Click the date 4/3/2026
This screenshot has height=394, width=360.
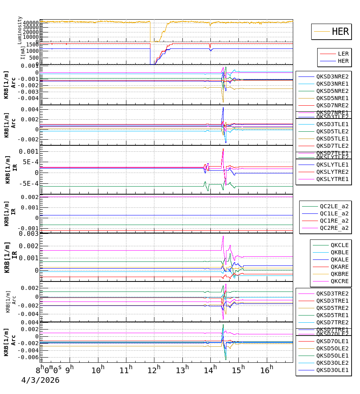pyautogui.click(x=40, y=380)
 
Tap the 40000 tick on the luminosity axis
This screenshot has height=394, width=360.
pyautogui.click(x=30, y=23)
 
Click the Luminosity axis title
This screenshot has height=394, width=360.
pyautogui.click(x=20, y=30)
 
